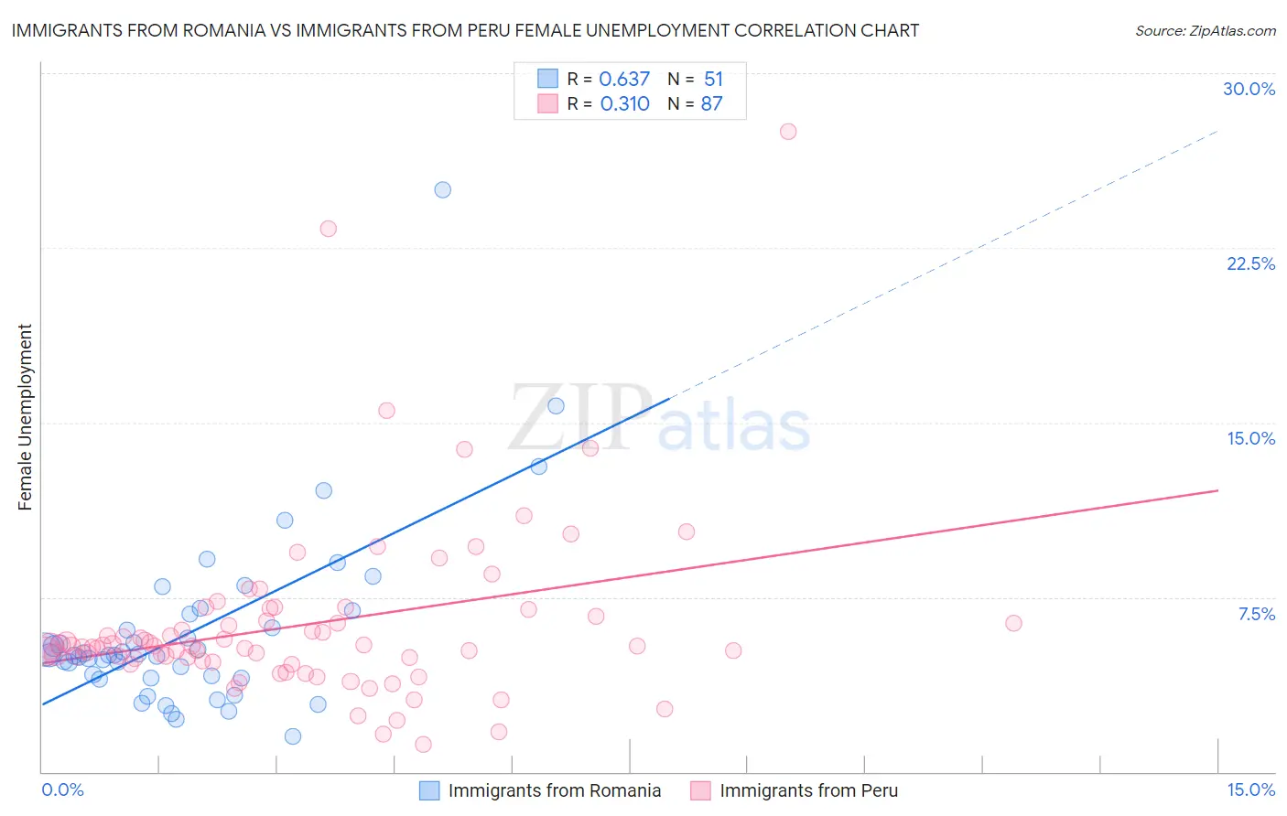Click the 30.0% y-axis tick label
click(x=1249, y=89)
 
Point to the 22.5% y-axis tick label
click(x=1250, y=263)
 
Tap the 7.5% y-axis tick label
click(x=1256, y=614)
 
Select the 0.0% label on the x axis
click(x=62, y=789)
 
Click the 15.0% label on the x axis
click(x=1250, y=789)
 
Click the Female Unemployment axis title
click(x=25, y=416)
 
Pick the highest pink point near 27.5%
click(x=788, y=132)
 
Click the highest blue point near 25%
click(x=443, y=190)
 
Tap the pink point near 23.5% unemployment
click(x=328, y=229)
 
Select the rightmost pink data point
click(x=1013, y=623)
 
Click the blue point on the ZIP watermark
click(x=556, y=406)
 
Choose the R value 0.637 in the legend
click(x=624, y=80)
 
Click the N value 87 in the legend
click(x=711, y=104)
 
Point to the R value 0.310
click(x=624, y=104)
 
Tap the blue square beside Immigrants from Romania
click(x=429, y=790)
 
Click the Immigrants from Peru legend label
click(x=808, y=790)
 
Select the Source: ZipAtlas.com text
click(x=1205, y=31)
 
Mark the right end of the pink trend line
click(x=1217, y=490)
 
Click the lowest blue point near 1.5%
click(x=293, y=736)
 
